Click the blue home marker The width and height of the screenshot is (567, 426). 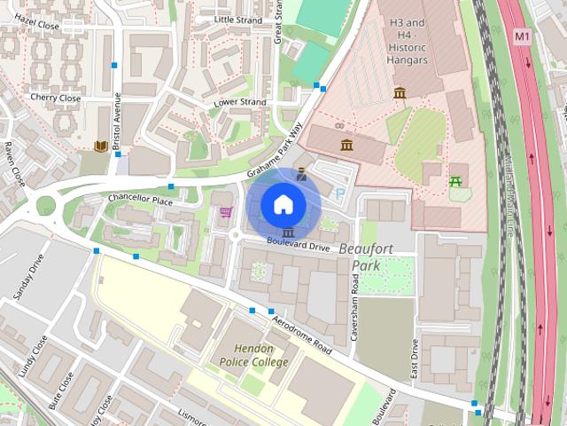coord(283,205)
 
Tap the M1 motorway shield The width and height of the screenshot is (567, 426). coord(522,36)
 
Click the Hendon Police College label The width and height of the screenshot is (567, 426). coord(255,355)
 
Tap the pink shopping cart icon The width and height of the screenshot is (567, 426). coord(226,212)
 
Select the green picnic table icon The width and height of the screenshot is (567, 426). coord(457,180)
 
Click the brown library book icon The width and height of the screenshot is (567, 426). coord(101,145)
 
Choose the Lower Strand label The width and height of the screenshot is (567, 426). coord(239,103)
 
